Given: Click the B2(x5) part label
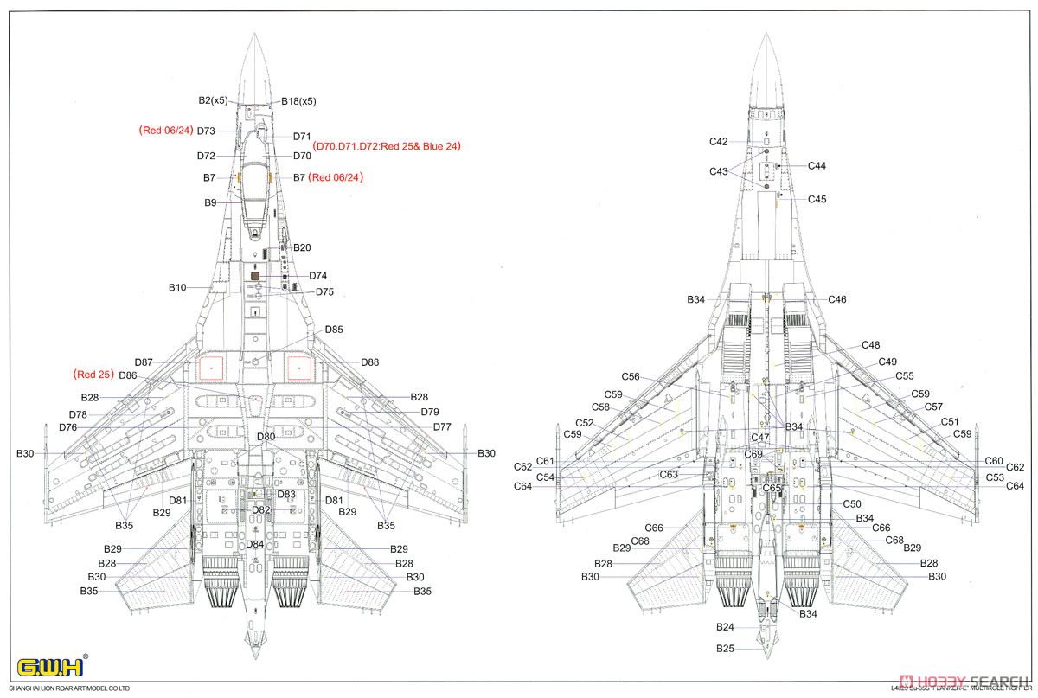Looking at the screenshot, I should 213,100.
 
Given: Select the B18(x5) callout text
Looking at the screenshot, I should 298,101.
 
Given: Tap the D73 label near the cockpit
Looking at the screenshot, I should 206,131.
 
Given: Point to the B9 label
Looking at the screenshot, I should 210,202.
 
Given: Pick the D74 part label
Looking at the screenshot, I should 317,276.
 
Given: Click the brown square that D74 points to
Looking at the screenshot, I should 255,275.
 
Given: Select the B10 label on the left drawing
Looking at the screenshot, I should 177,287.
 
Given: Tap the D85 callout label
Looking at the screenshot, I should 334,330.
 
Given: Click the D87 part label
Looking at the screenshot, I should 144,362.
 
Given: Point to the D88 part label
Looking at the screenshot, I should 369,362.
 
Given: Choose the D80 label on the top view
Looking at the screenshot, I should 266,437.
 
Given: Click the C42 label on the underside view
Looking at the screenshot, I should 718,141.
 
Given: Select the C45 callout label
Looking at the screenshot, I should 817,199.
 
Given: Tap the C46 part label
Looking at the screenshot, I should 836,299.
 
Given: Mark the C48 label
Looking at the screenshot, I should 870,345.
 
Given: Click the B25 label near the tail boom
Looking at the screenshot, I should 725,648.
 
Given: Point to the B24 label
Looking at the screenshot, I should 725,627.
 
